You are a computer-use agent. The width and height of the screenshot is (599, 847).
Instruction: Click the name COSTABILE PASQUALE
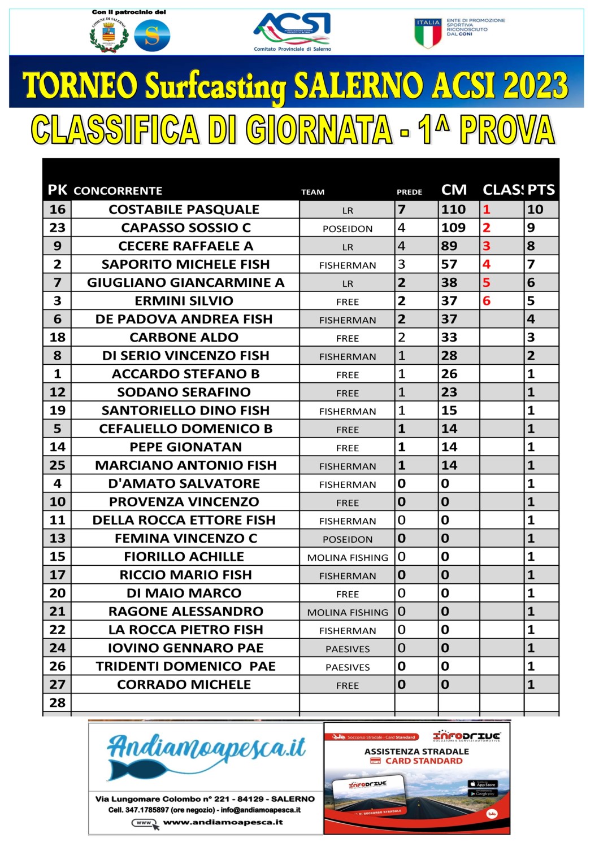184,209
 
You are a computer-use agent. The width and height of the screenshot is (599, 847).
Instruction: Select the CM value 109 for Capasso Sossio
453,228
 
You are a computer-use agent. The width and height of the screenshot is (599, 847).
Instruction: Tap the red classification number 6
487,301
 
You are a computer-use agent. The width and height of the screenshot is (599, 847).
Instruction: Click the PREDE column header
409,192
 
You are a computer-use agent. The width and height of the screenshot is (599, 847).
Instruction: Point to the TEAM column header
312,192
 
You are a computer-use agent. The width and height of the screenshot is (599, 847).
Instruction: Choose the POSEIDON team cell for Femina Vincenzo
347,539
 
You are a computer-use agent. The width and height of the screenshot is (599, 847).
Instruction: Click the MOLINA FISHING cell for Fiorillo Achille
347,557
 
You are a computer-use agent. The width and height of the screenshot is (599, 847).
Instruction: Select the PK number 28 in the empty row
57,702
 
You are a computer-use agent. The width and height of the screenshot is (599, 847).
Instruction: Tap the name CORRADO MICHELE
184,684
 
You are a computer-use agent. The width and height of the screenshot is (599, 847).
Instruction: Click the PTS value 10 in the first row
535,209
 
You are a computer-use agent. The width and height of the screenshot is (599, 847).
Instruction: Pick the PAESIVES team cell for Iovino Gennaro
347,649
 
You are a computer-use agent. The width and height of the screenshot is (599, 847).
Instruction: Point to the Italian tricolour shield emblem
428,33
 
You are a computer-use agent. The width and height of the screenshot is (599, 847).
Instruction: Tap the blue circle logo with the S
152,35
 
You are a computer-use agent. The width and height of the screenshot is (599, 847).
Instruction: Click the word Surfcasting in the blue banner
216,86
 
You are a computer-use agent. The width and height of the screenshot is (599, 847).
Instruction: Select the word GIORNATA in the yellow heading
319,129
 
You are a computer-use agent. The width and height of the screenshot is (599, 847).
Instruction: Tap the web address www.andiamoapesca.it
223,822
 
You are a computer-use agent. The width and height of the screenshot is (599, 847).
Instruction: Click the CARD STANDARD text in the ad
423,761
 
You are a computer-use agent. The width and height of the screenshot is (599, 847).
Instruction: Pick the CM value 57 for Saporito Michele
449,264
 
